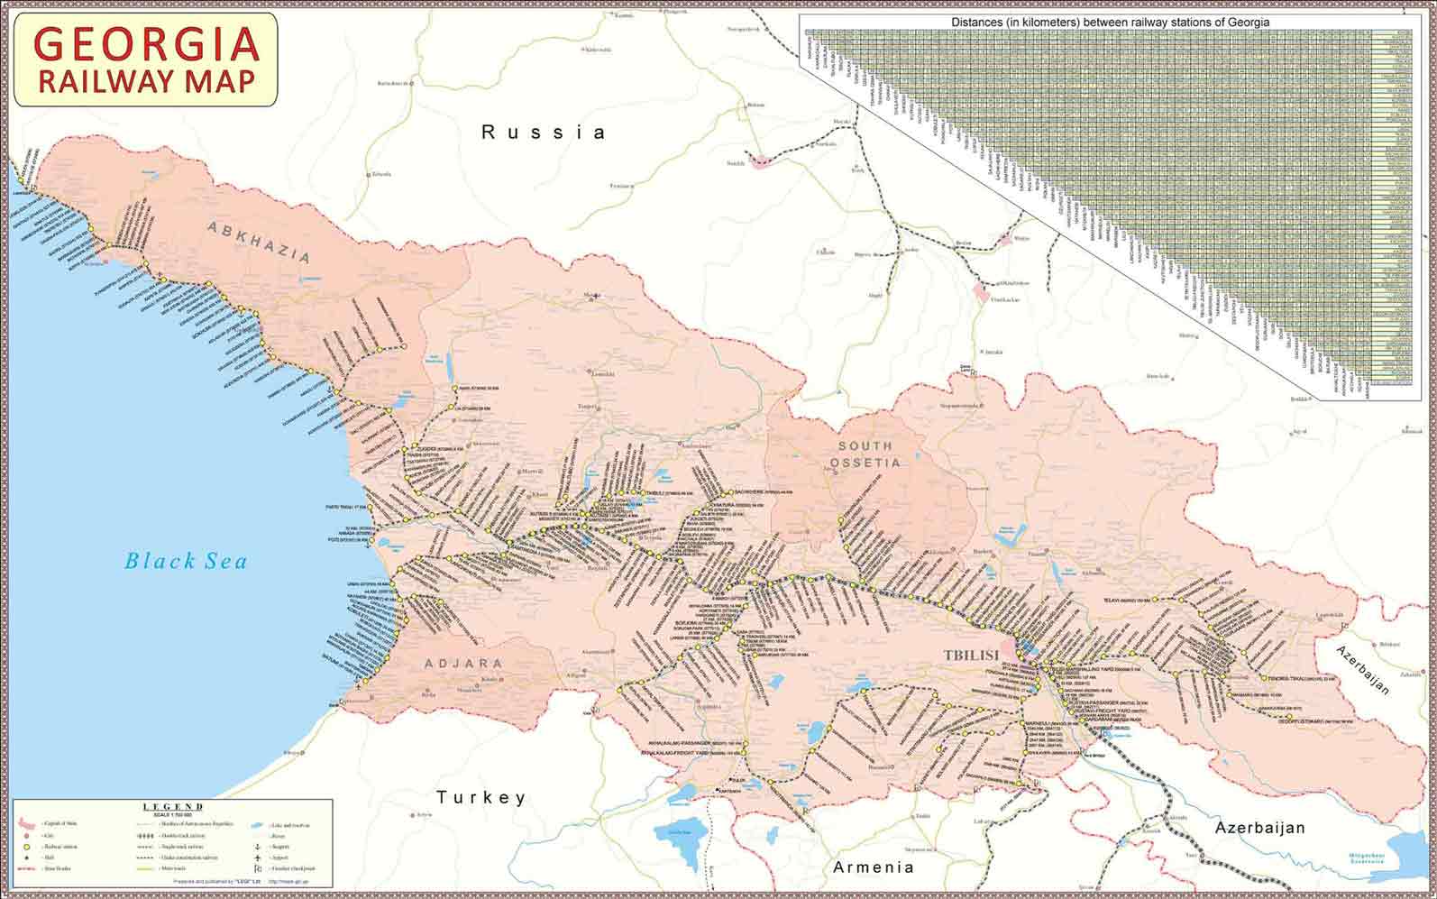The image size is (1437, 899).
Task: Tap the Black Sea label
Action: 186,561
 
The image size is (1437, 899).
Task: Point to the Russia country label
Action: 544,133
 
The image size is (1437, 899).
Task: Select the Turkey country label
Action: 481,797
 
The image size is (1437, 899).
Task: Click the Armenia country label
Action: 874,867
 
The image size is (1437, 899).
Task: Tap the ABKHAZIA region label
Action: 260,242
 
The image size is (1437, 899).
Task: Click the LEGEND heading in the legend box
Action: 173,806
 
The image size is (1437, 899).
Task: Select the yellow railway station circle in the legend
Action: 26,847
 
